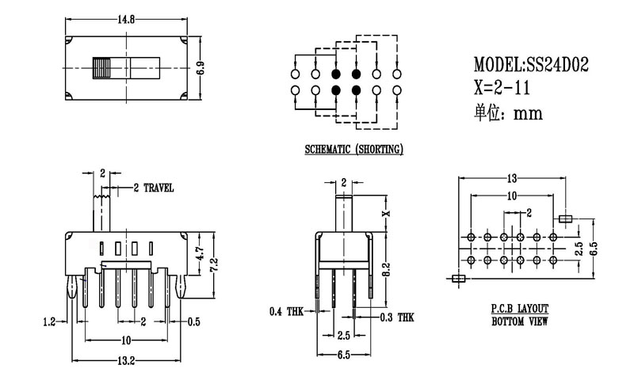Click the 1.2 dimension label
pyautogui.click(x=49, y=321)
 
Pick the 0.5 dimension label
pyautogui.click(x=194, y=321)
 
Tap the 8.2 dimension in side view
pyautogui.click(x=386, y=268)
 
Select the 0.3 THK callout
pyautogui.click(x=396, y=317)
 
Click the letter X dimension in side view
pyautogui.click(x=386, y=212)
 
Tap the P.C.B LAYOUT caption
pyautogui.click(x=520, y=308)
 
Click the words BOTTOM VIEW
pyautogui.click(x=520, y=321)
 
